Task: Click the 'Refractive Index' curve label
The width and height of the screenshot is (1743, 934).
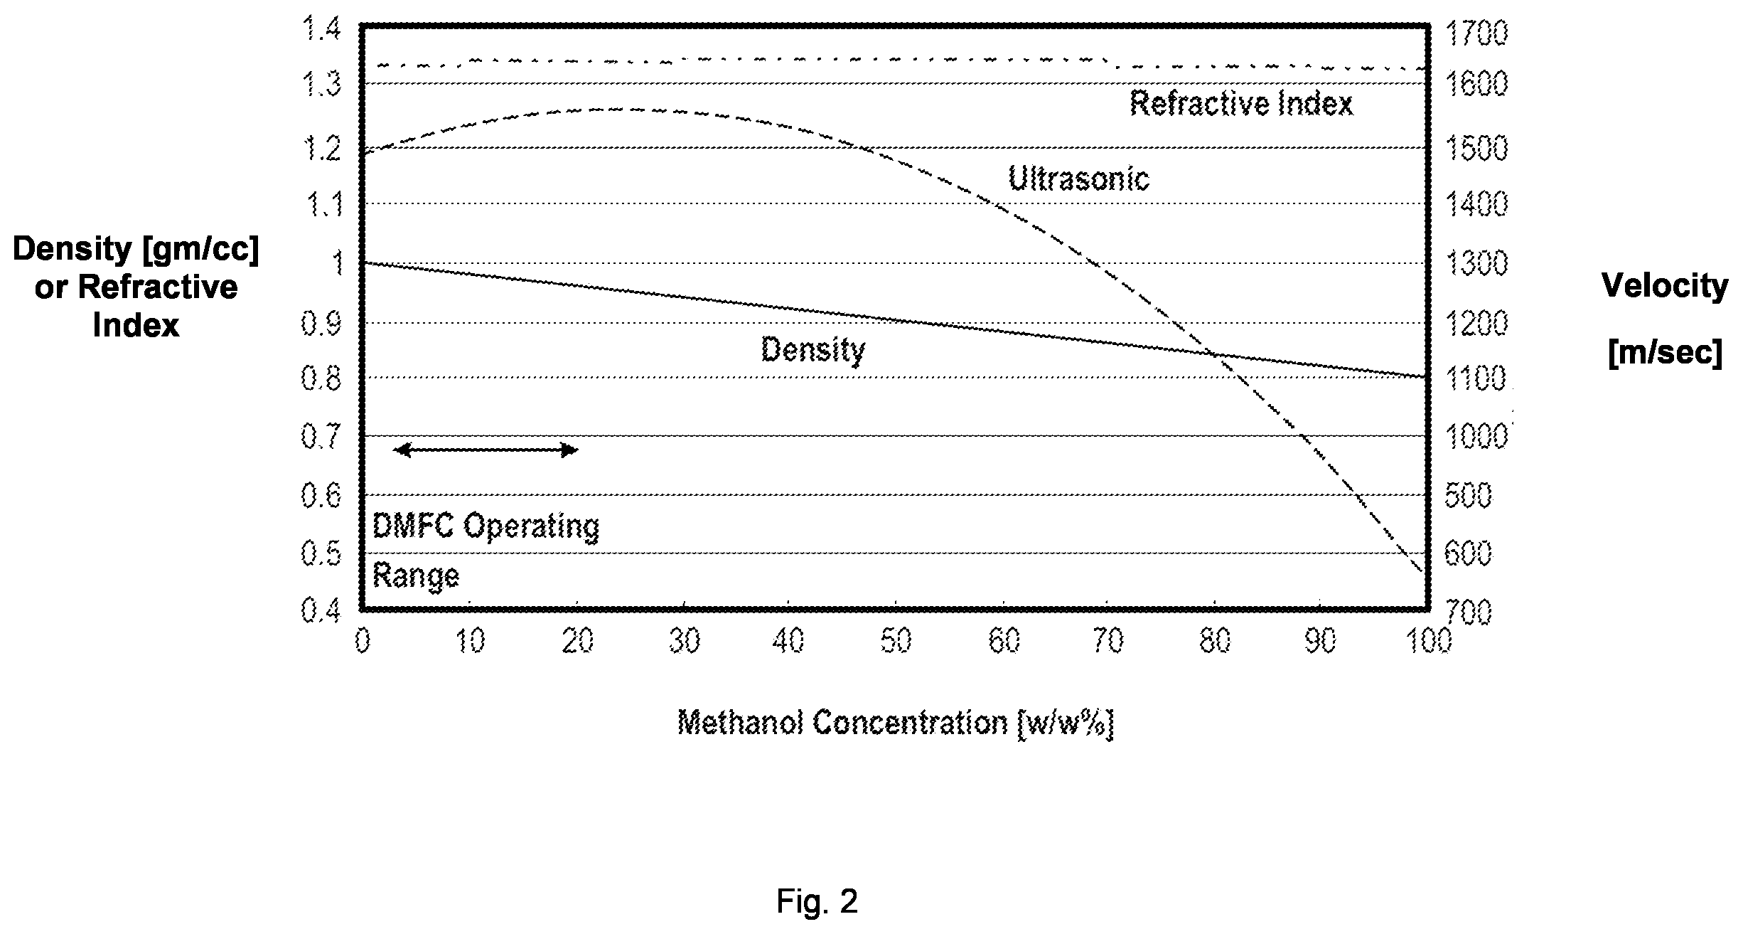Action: (1241, 104)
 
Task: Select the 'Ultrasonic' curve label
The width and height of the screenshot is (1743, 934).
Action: (1078, 178)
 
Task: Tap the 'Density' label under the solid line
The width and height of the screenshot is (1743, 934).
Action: (813, 350)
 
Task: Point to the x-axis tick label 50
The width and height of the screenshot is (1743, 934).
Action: (896, 641)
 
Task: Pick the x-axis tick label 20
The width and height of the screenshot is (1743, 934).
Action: (577, 641)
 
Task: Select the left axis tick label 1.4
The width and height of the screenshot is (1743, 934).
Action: (322, 31)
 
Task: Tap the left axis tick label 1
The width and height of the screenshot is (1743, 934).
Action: (337, 264)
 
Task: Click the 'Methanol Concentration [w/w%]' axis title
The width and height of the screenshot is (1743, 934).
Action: (895, 723)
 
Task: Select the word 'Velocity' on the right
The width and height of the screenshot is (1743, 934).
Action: (1665, 287)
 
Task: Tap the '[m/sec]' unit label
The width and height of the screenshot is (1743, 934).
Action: (1665, 353)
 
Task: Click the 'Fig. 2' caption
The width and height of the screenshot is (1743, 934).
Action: (817, 901)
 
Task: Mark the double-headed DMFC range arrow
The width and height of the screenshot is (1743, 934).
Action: (486, 450)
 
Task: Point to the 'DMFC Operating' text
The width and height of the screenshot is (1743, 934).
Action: (486, 527)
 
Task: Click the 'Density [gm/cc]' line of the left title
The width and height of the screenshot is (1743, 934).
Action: (136, 249)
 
